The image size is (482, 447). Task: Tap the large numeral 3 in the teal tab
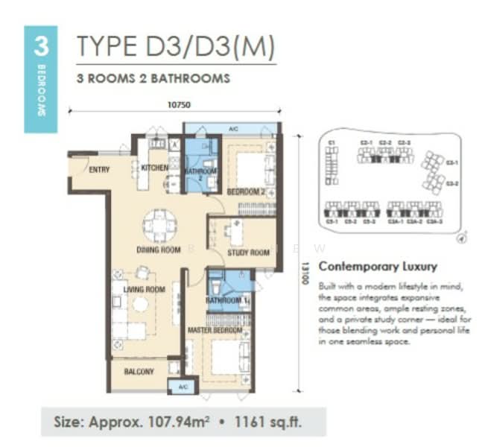[41, 46]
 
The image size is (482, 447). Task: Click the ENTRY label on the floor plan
[99, 170]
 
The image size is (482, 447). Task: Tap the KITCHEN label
[154, 168]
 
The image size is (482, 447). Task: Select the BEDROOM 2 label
[246, 192]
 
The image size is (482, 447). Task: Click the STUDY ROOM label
[248, 253]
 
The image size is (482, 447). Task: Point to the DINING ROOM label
[159, 250]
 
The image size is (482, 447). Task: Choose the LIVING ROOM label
[144, 289]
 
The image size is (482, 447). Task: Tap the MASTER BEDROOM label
[215, 330]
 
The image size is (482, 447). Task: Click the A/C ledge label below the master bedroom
[183, 387]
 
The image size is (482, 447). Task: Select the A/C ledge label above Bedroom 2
[232, 129]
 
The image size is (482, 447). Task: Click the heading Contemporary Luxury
[377, 267]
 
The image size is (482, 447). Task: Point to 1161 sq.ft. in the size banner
[286, 423]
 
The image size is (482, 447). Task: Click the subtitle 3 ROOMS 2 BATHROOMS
[153, 77]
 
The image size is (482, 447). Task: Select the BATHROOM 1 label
[227, 300]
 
